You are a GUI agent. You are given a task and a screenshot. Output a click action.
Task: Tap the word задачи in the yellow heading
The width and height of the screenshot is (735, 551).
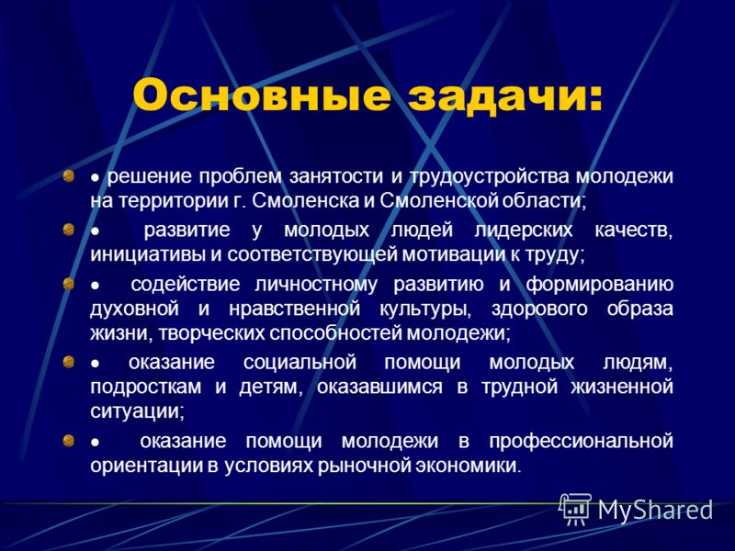[504, 96]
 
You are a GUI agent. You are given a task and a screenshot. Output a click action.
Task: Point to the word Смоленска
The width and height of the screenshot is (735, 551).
[306, 200]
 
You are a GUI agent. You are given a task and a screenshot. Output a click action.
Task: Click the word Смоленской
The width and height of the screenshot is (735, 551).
[438, 200]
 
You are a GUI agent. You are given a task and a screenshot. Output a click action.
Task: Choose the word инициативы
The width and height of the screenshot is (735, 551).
[148, 255]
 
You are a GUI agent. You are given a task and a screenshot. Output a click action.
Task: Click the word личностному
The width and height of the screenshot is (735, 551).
[316, 285]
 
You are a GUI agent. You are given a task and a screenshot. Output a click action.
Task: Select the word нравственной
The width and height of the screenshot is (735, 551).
[294, 309]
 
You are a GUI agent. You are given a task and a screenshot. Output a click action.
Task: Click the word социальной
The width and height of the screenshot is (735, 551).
[300, 363]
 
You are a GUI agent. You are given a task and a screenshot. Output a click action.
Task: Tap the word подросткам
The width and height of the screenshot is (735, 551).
[145, 388]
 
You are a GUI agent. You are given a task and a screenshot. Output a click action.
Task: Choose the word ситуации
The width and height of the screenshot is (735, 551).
[135, 412]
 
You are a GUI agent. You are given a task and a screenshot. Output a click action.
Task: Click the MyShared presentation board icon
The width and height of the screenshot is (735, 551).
[575, 509]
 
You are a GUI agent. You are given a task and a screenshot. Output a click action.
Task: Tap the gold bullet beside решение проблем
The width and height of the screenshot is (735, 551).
[69, 176]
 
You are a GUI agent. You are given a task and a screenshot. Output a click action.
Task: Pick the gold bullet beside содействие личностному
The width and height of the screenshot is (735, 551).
[69, 284]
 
